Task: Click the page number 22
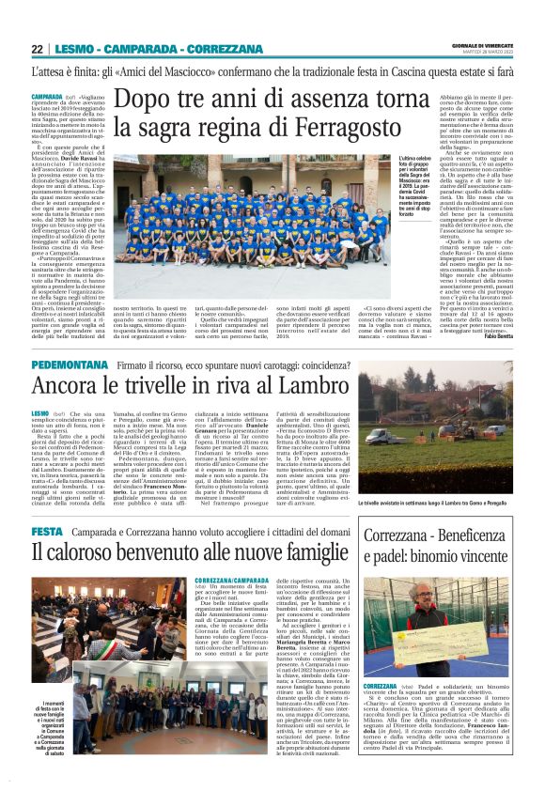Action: pos(38,49)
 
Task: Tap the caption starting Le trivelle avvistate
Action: pos(434,504)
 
